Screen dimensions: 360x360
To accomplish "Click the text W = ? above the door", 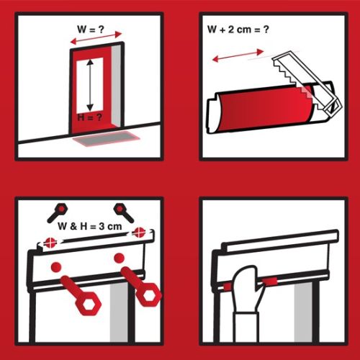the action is click(91, 30).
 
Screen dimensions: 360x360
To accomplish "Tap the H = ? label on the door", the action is click(89, 117).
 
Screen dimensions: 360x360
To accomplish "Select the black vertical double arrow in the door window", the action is click(90, 85).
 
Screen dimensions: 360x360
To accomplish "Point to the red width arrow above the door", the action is click(96, 38).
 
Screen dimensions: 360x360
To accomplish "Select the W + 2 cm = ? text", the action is click(238, 30).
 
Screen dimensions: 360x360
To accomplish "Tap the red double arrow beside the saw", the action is click(238, 55).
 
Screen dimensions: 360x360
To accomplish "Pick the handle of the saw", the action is click(333, 107).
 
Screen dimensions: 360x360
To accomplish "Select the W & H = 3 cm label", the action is click(90, 226).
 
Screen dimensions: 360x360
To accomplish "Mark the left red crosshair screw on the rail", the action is click(50, 242).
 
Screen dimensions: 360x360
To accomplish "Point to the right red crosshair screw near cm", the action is click(139, 233).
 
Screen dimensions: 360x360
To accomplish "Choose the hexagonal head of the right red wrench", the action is click(149, 294).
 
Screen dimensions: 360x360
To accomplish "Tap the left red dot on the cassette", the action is click(56, 267).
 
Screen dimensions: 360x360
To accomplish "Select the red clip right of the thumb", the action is click(270, 282).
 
